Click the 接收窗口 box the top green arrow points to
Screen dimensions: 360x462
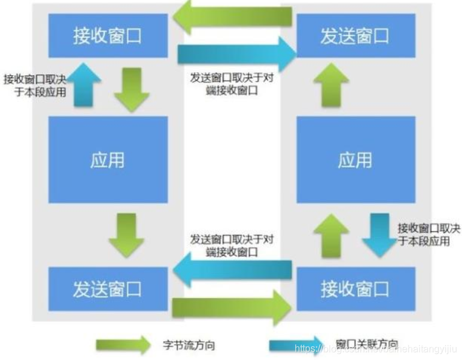[x=108, y=36]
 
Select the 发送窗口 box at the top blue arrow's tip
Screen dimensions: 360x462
[x=355, y=36]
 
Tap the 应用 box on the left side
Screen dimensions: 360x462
[x=108, y=160]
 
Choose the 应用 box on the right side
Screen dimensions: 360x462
[x=355, y=160]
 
